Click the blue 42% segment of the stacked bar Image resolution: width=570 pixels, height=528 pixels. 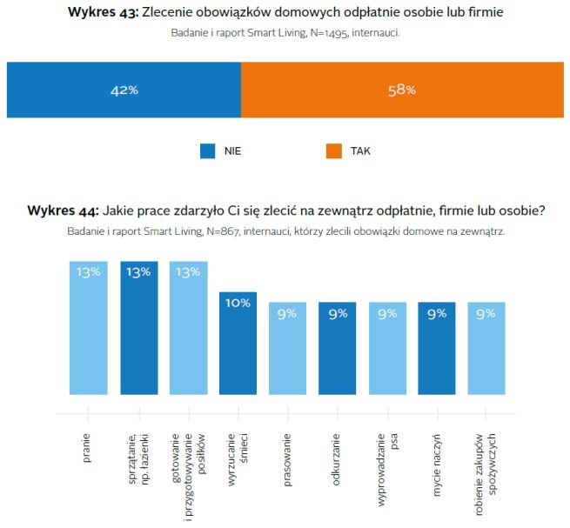coord(124,90)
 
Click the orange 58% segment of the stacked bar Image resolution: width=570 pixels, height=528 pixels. coord(401,90)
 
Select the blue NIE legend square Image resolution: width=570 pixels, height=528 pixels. coord(207,150)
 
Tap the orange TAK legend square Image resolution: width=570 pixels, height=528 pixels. coord(334,150)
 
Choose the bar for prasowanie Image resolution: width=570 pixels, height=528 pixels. coord(287,347)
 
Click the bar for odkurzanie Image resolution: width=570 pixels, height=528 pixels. coord(337,347)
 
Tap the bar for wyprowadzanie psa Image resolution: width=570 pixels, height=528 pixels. coord(386,347)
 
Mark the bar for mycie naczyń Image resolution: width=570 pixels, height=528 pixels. coord(436,347)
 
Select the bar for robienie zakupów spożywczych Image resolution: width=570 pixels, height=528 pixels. coord(486,347)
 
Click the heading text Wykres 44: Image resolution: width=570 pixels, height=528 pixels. coord(63,211)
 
